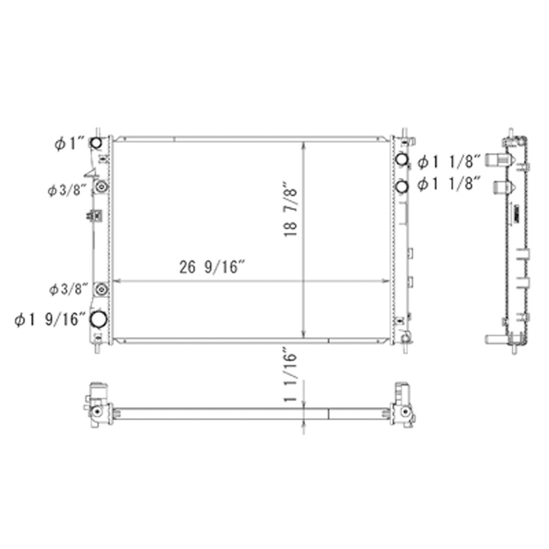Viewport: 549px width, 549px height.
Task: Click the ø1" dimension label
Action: [x=68, y=144]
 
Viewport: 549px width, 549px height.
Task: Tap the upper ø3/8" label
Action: [x=68, y=191]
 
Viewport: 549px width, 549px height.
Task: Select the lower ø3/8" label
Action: [x=68, y=290]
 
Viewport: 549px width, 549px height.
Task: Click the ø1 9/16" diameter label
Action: [x=50, y=320]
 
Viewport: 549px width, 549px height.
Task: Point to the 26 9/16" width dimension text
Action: [x=212, y=268]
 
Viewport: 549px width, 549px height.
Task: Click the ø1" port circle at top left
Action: [x=96, y=144]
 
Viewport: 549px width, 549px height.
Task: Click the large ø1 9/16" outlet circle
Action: [x=99, y=319]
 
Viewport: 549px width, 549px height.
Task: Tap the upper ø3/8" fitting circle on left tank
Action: [x=100, y=188]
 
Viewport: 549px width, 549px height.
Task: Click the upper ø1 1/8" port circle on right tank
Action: [x=402, y=160]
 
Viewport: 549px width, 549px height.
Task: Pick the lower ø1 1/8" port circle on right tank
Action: [x=402, y=187]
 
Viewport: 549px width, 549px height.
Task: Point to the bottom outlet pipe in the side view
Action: [x=497, y=339]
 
